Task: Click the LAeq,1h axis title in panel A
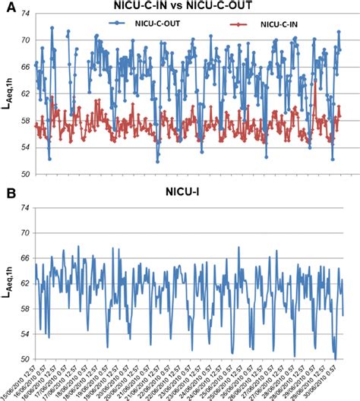pyautogui.click(x=9, y=96)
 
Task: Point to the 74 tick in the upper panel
pyautogui.click(x=25, y=14)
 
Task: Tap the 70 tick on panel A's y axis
pyautogui.click(x=25, y=40)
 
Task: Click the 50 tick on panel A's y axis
pyautogui.click(x=25, y=174)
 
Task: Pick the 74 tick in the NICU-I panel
pyautogui.click(x=25, y=207)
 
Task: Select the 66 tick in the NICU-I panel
pyautogui.click(x=25, y=258)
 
